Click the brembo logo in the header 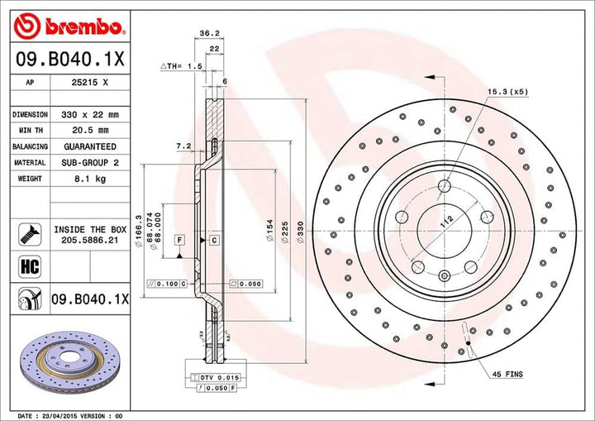[69, 27]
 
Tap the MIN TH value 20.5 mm [92, 131]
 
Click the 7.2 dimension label [183, 146]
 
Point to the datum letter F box [179, 239]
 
